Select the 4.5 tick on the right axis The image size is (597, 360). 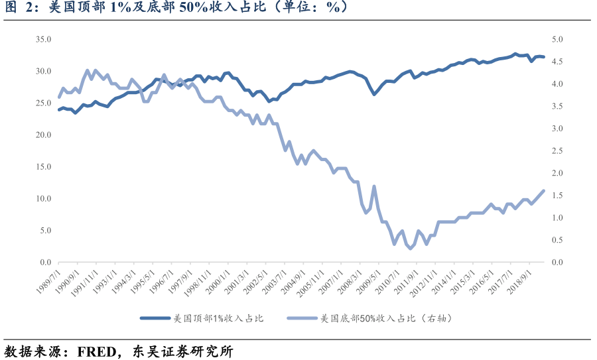[559, 62]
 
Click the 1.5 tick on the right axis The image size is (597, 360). [559, 196]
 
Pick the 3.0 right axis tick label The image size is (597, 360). [559, 129]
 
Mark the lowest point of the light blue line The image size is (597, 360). [410, 248]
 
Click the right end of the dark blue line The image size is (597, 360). [544, 57]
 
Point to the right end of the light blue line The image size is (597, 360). [544, 191]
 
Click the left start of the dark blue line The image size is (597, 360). [59, 110]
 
